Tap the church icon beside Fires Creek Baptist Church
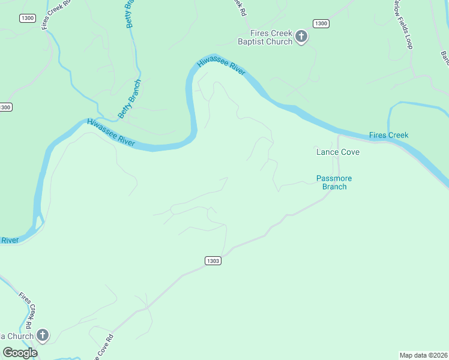pos(302,37)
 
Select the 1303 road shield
pos(212,260)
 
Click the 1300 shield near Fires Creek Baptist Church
pos(321,23)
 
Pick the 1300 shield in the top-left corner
pos(28,18)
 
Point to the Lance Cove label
pos(338,152)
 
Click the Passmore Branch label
pos(334,182)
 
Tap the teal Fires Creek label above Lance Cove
pos(388,135)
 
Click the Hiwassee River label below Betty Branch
pos(110,132)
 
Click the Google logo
pos(20,353)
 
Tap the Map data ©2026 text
pos(423,355)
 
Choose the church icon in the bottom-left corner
pos(42,335)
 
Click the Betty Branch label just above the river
pos(129,98)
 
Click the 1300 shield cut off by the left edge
pos(5,107)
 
